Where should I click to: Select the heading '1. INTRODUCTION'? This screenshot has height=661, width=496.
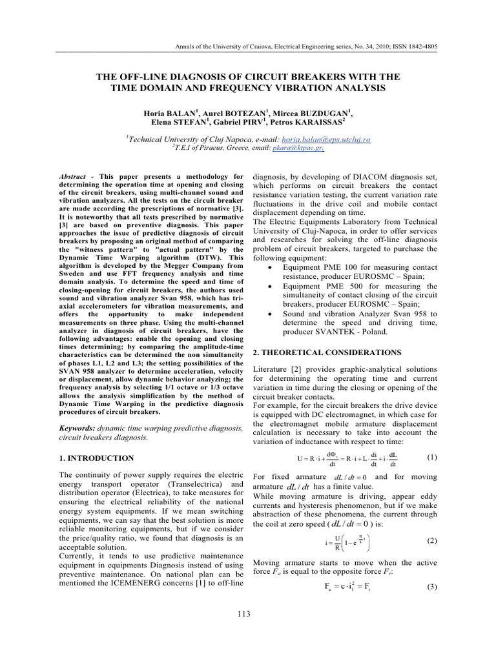click(x=96, y=458)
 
